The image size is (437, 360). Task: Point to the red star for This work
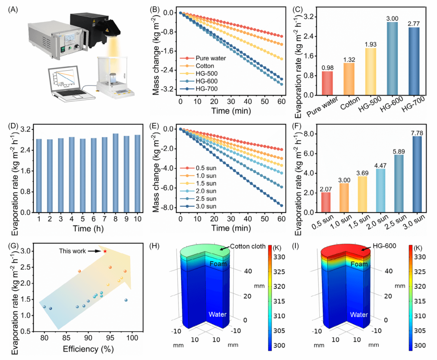click(105, 251)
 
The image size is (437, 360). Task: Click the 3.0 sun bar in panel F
click(416, 174)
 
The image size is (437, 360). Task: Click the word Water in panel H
click(218, 314)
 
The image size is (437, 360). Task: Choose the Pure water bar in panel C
click(327, 83)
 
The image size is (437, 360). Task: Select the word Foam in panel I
click(359, 265)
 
